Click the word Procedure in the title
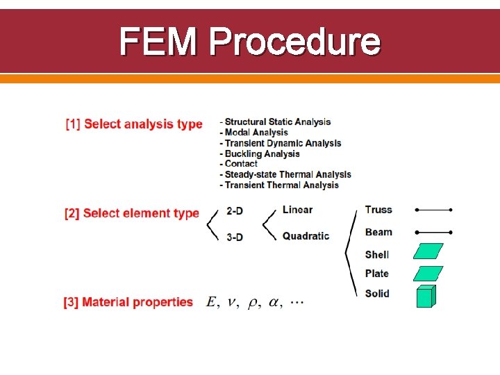(x=294, y=42)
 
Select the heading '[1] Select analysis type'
(x=134, y=124)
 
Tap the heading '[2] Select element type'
(x=132, y=213)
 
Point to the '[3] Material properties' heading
(x=128, y=302)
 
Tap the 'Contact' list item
(x=241, y=164)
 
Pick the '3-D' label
(x=235, y=237)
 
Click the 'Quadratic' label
(x=306, y=236)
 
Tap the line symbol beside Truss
(x=433, y=210)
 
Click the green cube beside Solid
(x=426, y=296)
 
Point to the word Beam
(x=378, y=232)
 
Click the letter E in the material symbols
(x=211, y=302)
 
